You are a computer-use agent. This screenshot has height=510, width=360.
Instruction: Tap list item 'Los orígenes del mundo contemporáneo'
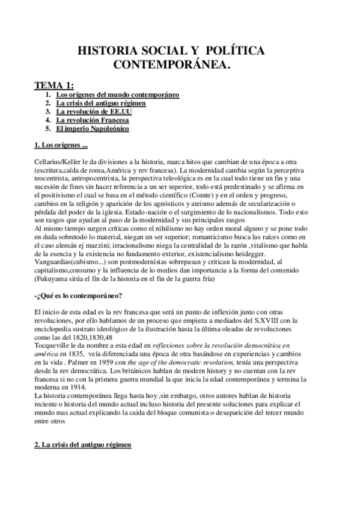[x=118, y=95]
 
